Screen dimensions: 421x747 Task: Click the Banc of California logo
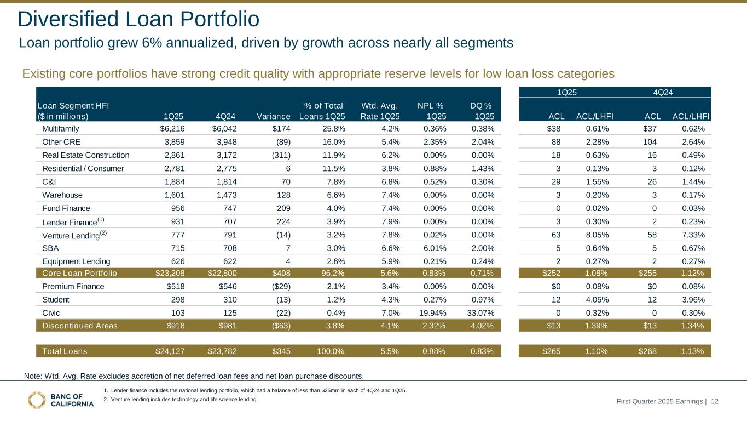[60, 400]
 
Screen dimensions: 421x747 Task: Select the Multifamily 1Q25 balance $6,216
[170, 129]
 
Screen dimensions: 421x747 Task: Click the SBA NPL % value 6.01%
[431, 248]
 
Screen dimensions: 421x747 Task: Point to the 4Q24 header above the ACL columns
[663, 92]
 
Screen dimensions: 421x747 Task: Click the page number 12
[715, 402]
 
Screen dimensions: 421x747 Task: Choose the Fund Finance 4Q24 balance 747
[227, 208]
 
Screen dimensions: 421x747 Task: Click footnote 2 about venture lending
[181, 400]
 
